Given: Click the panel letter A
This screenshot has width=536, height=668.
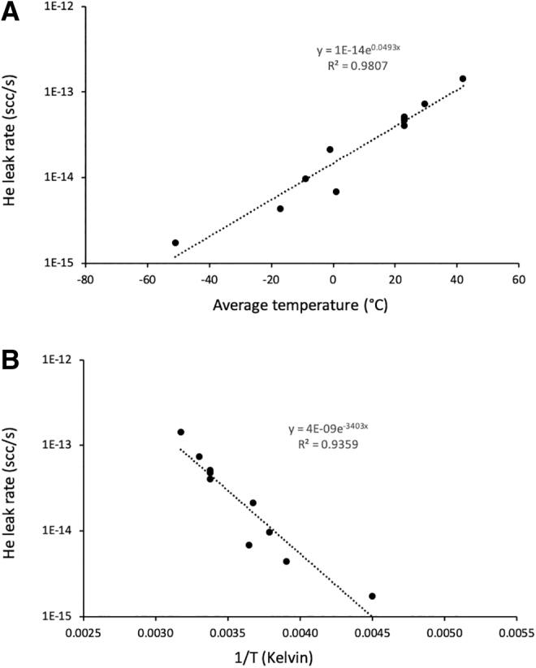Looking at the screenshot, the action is [10, 11].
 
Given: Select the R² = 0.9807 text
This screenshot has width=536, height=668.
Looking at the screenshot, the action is [358, 65].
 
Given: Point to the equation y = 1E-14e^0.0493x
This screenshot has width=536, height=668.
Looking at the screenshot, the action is [359, 50].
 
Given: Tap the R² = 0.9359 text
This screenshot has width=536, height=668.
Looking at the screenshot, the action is [328, 444].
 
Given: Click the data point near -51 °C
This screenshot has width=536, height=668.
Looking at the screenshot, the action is [175, 243].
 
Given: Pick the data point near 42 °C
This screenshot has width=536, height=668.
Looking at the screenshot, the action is [463, 79].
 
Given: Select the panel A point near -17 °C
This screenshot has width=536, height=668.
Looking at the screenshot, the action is [280, 209].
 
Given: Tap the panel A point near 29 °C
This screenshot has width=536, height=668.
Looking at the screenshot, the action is [424, 104].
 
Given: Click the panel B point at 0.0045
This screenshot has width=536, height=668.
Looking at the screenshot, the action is [372, 596].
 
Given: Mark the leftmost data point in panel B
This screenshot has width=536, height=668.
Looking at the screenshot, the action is [181, 432].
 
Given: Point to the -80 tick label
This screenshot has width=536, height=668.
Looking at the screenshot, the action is [85, 280].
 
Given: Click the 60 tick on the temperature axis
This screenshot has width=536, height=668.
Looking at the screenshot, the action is [519, 280].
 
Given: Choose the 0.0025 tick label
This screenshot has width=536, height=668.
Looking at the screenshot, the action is [84, 633].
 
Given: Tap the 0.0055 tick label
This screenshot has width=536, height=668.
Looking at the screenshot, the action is [517, 633].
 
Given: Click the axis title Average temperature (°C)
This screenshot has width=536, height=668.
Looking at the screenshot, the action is [300, 305].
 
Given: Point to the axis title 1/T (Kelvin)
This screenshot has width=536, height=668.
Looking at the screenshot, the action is [274, 657].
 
